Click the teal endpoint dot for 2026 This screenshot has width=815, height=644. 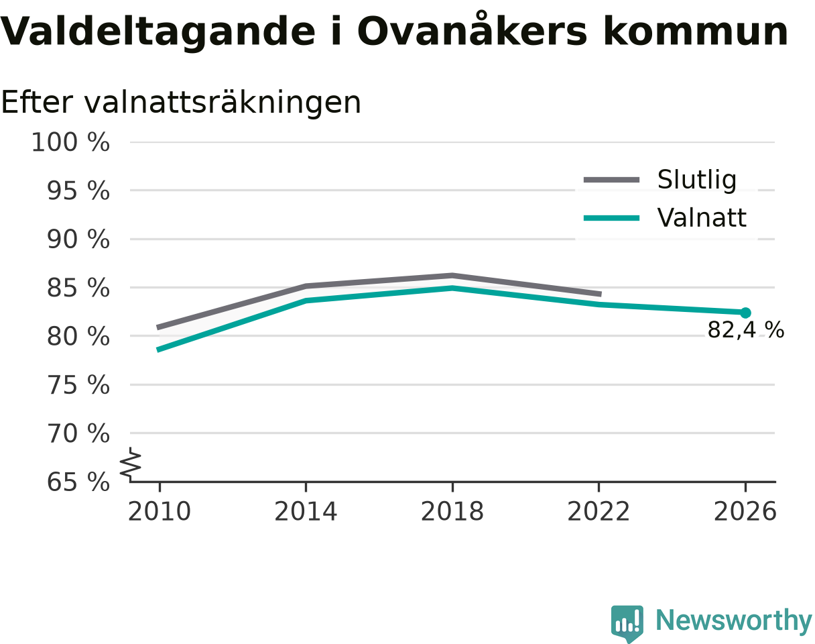point(745,313)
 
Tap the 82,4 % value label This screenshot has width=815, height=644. point(746,330)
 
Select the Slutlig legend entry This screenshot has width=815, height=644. point(660,180)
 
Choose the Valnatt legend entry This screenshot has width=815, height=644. point(665,218)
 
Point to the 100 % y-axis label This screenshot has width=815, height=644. point(70,143)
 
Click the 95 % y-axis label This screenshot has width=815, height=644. point(78,191)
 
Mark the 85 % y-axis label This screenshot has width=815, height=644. point(78,288)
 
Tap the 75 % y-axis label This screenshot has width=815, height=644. point(78,386)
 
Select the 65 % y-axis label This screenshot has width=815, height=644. point(78,482)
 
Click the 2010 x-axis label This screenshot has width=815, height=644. point(160,512)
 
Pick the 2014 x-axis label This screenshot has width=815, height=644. point(306,512)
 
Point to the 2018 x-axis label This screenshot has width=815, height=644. point(452,512)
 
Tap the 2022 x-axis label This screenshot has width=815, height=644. point(599,512)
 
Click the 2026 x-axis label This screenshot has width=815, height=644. point(745,512)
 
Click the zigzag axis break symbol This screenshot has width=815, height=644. point(131,463)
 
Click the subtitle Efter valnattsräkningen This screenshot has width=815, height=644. point(181,103)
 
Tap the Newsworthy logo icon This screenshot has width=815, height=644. point(627,623)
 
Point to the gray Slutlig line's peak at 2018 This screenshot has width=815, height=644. point(452,275)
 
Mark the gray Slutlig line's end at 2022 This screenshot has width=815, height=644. point(601,294)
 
